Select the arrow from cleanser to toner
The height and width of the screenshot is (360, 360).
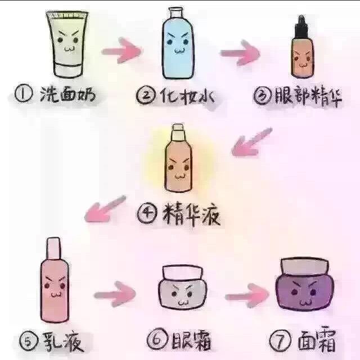(121, 52)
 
